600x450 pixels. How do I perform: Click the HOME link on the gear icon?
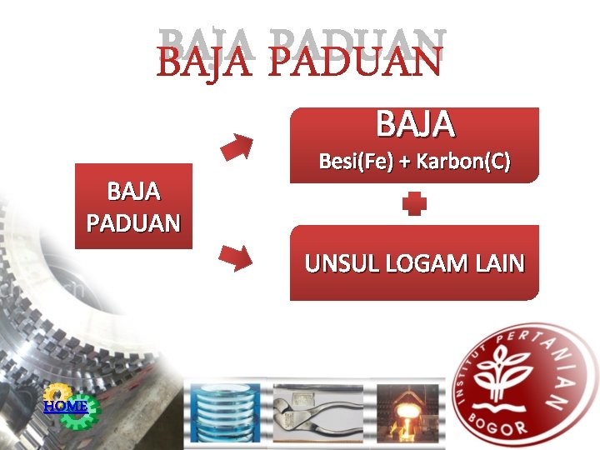point(65,406)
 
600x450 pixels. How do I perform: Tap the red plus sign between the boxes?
point(414,204)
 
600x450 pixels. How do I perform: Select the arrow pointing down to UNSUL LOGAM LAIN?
point(236,259)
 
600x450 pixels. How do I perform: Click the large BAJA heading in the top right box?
point(415,125)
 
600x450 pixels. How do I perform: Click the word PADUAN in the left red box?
point(133,224)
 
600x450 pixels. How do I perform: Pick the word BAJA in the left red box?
point(133,192)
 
